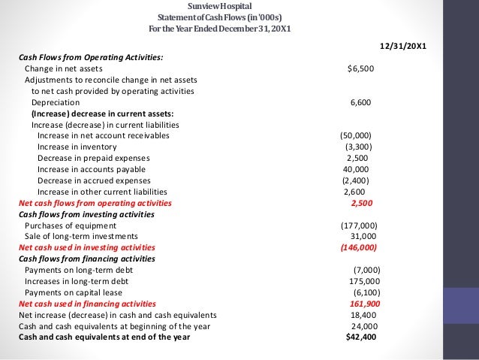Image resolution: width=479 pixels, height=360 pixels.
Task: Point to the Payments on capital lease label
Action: pyautogui.click(x=73, y=292)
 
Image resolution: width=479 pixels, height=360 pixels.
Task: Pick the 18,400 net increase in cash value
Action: pyautogui.click(x=364, y=315)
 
